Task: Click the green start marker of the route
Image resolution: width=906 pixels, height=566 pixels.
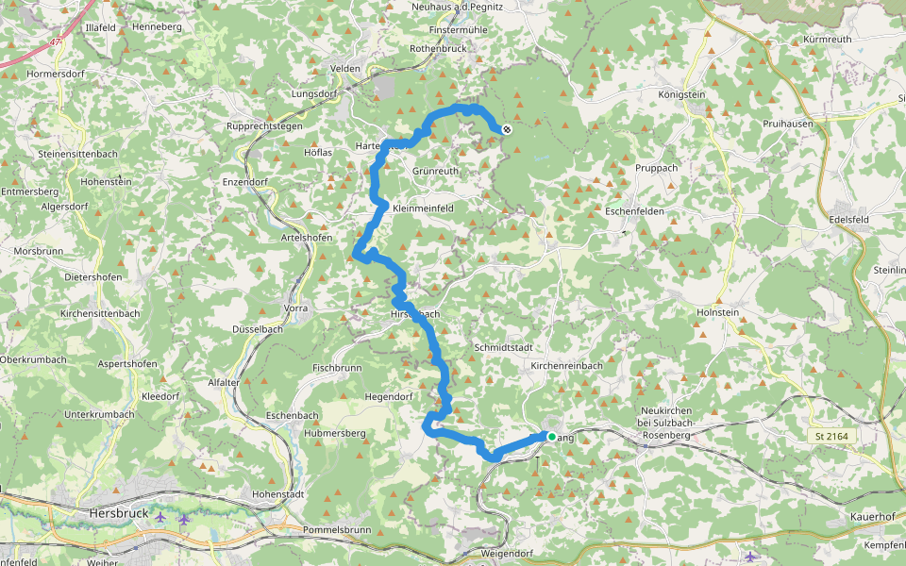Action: tap(552, 436)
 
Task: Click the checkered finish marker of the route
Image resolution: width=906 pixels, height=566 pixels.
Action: tap(507, 130)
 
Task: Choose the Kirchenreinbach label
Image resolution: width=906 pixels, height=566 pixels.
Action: tap(566, 365)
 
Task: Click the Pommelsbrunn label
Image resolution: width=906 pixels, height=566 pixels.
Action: tap(340, 530)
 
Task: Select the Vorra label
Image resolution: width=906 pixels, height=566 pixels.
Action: tap(295, 308)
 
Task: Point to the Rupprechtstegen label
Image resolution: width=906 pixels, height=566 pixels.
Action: tap(264, 126)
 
